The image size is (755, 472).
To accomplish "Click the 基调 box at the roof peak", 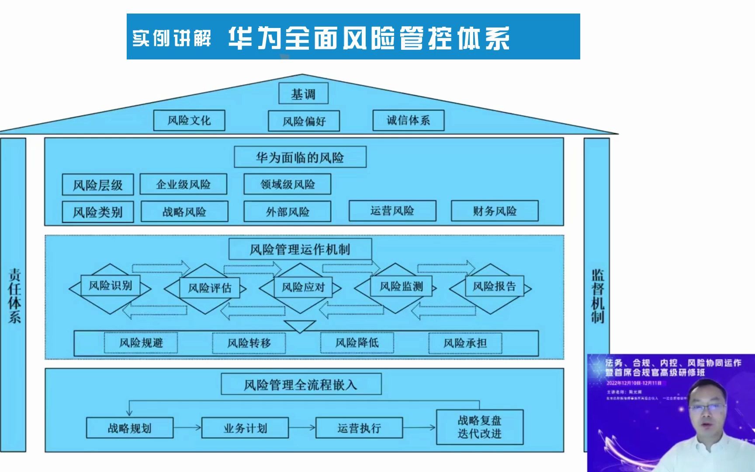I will pyautogui.click(x=303, y=94).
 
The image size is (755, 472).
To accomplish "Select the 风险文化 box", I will pyautogui.click(x=189, y=120).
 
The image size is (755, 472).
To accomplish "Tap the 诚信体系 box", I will pyautogui.click(x=408, y=120).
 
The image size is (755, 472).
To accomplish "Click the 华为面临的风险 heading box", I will pyautogui.click(x=300, y=157).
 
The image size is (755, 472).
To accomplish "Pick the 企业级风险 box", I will pyautogui.click(x=183, y=184).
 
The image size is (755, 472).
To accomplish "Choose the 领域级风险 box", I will pyautogui.click(x=287, y=184).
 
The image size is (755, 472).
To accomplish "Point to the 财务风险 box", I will pyautogui.click(x=494, y=211).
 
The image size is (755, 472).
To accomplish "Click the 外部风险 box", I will pyautogui.click(x=287, y=212).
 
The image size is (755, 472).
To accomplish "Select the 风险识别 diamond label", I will pyautogui.click(x=110, y=286).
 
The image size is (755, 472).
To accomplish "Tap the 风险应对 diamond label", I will pyautogui.click(x=303, y=287).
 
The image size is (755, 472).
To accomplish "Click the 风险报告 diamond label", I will pyautogui.click(x=494, y=286).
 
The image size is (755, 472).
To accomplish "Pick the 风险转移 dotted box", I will pyautogui.click(x=249, y=343).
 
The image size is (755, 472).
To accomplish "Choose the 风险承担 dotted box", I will pyautogui.click(x=465, y=343).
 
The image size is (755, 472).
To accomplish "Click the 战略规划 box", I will pyautogui.click(x=129, y=428).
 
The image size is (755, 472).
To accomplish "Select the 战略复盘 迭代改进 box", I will pyautogui.click(x=479, y=427).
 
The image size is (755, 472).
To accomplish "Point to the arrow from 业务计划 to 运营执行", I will pyautogui.click(x=302, y=428).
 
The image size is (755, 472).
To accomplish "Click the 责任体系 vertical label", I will pyautogui.click(x=14, y=295).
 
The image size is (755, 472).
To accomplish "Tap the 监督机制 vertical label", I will pyautogui.click(x=597, y=295).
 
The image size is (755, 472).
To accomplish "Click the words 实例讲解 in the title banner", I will pyautogui.click(x=172, y=38).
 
